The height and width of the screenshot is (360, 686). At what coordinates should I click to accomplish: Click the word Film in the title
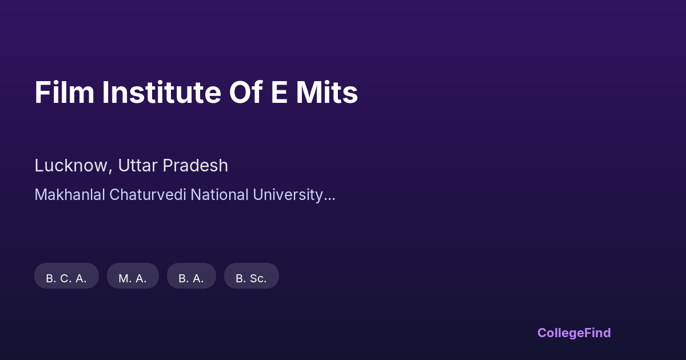(x=64, y=92)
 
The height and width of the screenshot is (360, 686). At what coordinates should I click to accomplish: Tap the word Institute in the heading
(x=161, y=92)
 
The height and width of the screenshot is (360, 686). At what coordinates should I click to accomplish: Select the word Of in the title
(x=246, y=92)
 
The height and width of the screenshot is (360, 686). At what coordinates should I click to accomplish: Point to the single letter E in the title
(x=279, y=92)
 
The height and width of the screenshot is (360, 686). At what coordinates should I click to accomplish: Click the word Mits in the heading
(x=327, y=92)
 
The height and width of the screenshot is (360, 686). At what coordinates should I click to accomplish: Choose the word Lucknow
(x=71, y=165)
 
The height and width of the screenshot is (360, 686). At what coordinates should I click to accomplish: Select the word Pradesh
(x=196, y=165)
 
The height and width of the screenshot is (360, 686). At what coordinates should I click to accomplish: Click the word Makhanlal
(x=70, y=195)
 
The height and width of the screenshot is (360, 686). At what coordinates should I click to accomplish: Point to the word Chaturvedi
(x=147, y=195)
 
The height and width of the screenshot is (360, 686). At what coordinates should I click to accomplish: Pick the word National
(x=220, y=195)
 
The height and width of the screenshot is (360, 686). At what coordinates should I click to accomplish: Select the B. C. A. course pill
(x=66, y=275)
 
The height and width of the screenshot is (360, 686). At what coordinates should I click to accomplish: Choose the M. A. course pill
(x=133, y=275)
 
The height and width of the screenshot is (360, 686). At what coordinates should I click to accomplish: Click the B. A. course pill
(x=192, y=275)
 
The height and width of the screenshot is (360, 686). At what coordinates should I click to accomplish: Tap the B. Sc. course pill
(x=252, y=275)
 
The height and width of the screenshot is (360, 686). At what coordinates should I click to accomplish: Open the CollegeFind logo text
(x=574, y=333)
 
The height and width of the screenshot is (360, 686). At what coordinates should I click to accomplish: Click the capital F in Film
(x=42, y=92)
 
